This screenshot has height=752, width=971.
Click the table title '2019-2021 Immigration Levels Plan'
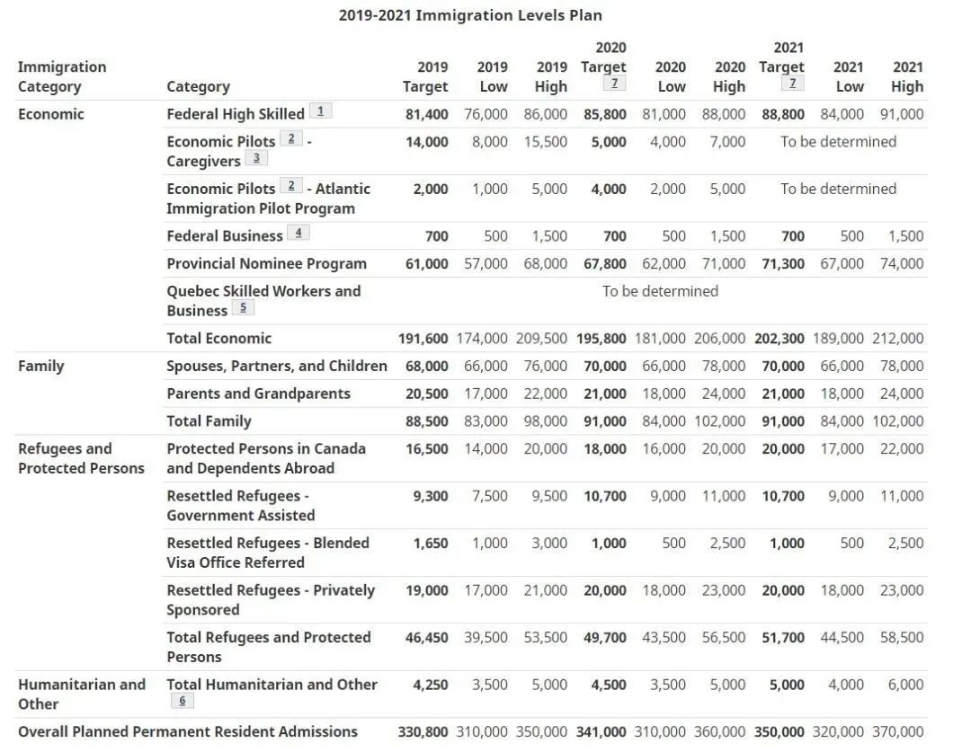point(470,15)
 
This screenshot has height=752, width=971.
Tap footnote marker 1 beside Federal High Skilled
point(320,111)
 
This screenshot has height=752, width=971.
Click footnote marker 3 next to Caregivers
point(256,159)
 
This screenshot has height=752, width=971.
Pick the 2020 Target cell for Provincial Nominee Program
point(604,263)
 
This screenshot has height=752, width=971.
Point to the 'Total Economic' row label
point(218,338)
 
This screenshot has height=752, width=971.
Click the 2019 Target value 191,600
point(423,338)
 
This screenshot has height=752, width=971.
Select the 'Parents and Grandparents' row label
point(258,394)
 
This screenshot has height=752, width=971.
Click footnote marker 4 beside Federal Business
point(298,234)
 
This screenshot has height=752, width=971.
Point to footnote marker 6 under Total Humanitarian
point(182,702)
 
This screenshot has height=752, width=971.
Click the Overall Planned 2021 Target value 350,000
point(779,731)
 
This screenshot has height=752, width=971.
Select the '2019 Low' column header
point(492,76)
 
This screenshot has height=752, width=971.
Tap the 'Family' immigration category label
point(40,366)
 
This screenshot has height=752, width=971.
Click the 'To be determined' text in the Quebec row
point(660,291)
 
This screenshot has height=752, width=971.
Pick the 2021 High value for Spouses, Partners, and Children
point(901,366)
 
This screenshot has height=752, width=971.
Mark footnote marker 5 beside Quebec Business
point(243,308)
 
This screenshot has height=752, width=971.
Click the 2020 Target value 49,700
point(604,637)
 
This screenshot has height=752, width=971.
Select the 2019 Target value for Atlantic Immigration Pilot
point(430,189)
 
